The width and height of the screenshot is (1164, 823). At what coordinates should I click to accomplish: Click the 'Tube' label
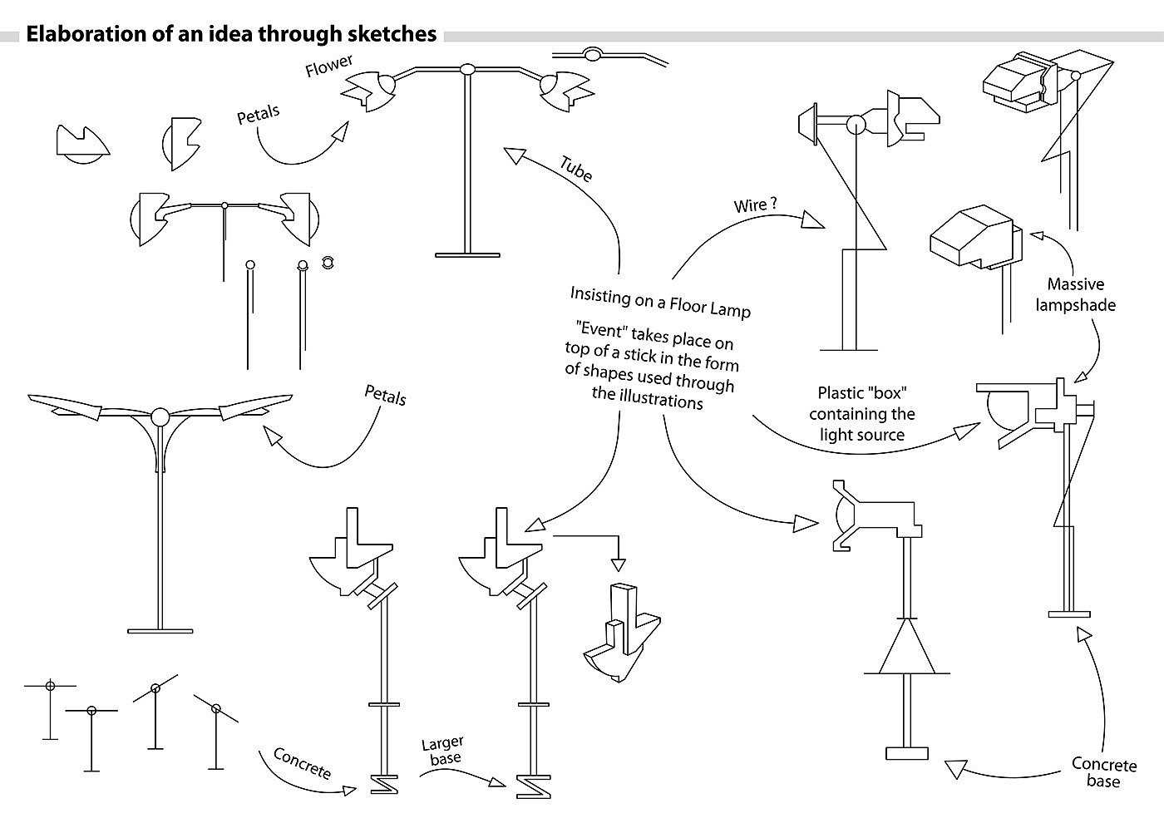click(575, 169)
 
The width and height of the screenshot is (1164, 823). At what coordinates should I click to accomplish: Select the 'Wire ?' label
click(755, 205)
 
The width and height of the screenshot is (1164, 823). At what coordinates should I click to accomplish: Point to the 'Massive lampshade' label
click(1075, 294)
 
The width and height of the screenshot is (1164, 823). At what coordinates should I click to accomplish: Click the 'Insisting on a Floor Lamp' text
click(660, 302)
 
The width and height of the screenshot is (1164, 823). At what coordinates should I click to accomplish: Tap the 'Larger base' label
click(442, 750)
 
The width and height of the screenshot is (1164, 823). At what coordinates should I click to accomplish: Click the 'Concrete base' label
click(1103, 772)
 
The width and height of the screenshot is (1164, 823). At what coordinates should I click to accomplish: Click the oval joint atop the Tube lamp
click(467, 69)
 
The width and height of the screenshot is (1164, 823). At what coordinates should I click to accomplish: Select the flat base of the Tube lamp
click(467, 254)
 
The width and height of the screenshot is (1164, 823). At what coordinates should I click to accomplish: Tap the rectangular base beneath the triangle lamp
click(906, 753)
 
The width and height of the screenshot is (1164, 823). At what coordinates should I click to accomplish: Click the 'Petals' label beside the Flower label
click(259, 115)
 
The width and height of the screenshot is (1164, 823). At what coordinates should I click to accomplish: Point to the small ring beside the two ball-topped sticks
click(328, 262)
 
